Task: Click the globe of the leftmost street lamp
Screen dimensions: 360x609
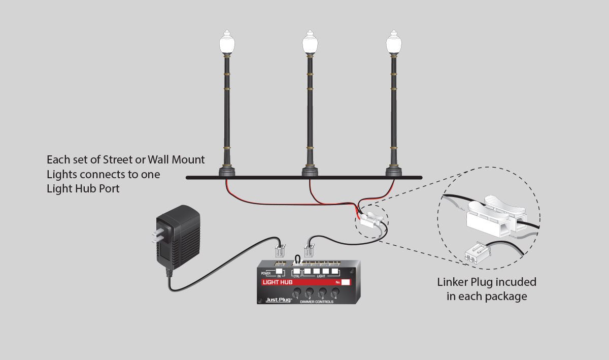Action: click(x=226, y=44)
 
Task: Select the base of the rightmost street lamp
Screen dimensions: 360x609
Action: click(x=393, y=171)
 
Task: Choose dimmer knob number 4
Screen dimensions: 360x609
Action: click(x=335, y=293)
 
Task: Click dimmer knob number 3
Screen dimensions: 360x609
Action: click(x=322, y=293)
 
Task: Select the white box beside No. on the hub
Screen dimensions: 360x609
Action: click(x=346, y=282)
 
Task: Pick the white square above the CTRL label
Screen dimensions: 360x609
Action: click(x=297, y=271)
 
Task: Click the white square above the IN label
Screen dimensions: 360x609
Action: click(x=279, y=271)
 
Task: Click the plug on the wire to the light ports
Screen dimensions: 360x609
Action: click(x=308, y=251)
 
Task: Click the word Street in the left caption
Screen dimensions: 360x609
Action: click(x=120, y=160)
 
